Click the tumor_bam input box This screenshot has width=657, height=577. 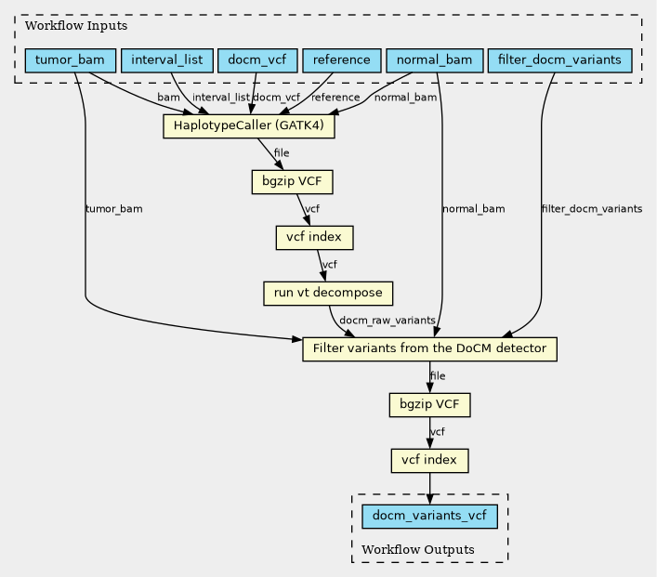point(71,61)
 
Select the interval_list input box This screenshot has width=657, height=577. point(167,61)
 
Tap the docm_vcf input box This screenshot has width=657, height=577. point(256,61)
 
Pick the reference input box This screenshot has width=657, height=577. point(342,61)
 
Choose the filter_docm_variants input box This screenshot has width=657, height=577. point(559,61)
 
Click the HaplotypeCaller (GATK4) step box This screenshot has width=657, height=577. point(248,126)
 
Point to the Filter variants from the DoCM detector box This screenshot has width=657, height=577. point(429,349)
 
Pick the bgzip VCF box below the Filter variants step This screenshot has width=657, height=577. point(429,405)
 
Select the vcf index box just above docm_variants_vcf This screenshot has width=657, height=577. point(429,460)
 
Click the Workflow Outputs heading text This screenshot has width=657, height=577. point(417,550)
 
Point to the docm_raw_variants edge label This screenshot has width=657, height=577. point(388,321)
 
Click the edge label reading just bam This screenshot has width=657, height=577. point(168,98)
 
